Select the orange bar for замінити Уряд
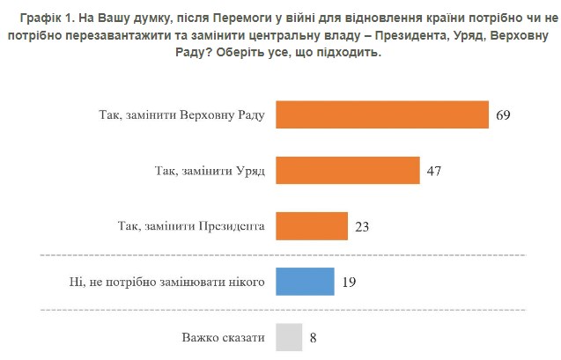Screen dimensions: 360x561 tap(348, 171)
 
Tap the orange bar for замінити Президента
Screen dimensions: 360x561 tap(313, 226)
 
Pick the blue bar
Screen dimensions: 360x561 tap(305, 282)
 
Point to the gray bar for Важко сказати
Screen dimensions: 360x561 tap(289, 336)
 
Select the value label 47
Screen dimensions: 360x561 tap(433, 171)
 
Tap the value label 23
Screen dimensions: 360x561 tap(363, 226)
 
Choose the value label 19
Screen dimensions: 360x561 tap(349, 282)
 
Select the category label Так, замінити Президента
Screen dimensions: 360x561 tap(191, 226)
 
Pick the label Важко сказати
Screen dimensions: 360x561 tap(224, 336)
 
